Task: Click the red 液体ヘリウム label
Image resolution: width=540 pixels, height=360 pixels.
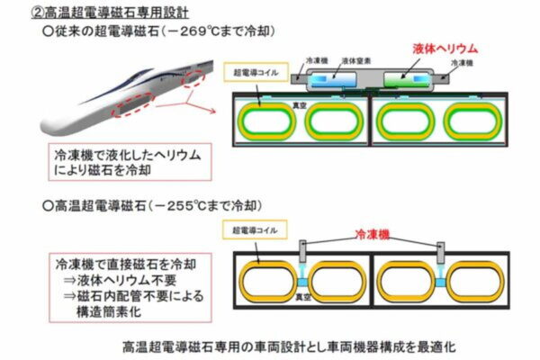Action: click(x=444, y=49)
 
